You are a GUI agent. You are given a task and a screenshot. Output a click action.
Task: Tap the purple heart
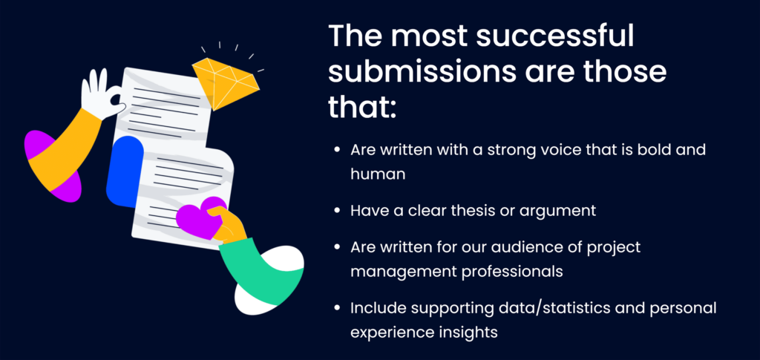(200, 217)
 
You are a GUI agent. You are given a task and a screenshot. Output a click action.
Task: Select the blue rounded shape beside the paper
(124, 171)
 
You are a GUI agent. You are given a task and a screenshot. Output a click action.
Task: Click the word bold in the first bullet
(655, 149)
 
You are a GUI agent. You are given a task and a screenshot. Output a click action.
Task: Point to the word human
(378, 174)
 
